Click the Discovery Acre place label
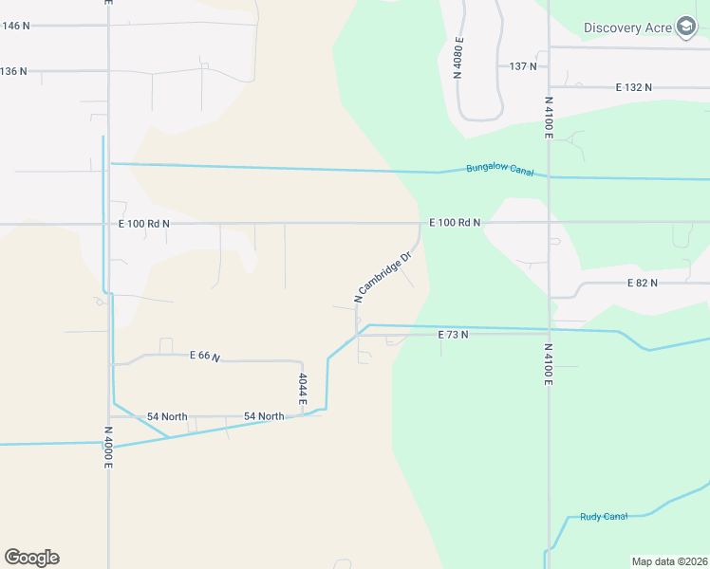(627, 28)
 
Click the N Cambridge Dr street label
(383, 276)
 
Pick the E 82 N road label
(643, 284)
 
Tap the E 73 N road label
(453, 335)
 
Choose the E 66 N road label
(204, 356)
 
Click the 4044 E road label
(303, 390)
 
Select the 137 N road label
(523, 66)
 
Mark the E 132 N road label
(633, 87)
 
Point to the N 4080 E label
(458, 57)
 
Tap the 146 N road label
(16, 26)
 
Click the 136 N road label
(14, 71)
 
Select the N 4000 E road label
(108, 446)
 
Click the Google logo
(31, 558)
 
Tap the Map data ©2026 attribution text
(669, 561)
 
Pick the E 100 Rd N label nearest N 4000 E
(143, 224)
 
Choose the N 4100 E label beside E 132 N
(549, 117)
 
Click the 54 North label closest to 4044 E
(264, 416)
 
